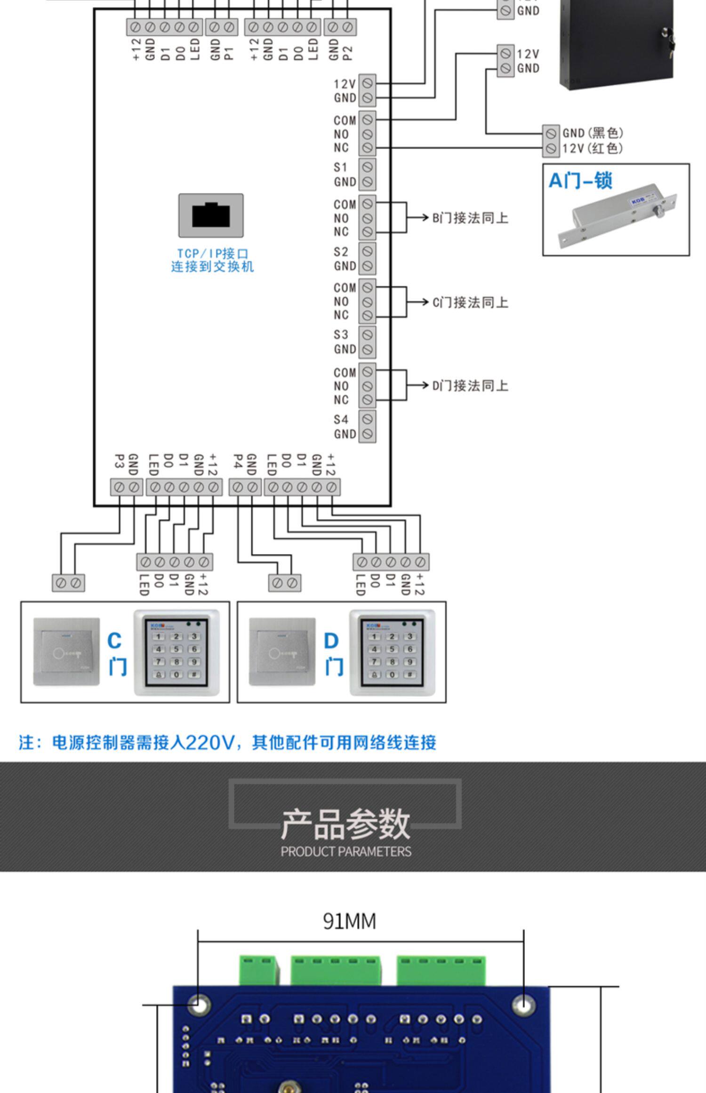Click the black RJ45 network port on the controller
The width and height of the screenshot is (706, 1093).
(x=211, y=216)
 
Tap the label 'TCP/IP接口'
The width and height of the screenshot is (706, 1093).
(x=212, y=254)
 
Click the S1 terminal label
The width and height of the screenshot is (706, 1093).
(x=340, y=168)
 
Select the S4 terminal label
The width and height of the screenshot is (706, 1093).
(x=341, y=419)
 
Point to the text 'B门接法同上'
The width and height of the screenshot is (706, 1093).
(x=470, y=218)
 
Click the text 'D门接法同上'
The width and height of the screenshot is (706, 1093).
(x=470, y=386)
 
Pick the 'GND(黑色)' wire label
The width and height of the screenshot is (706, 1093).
(x=593, y=133)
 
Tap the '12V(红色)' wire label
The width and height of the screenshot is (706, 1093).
(x=593, y=149)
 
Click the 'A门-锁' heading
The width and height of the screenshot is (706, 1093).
(x=580, y=181)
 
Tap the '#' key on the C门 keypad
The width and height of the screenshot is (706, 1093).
(x=193, y=675)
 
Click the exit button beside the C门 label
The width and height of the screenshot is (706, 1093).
(x=66, y=651)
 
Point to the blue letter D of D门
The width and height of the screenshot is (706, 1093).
(x=331, y=641)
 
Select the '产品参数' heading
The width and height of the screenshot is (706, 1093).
(x=345, y=824)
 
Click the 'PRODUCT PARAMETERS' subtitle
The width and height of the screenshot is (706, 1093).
(x=346, y=852)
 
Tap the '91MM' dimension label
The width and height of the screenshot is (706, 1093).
(x=349, y=921)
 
